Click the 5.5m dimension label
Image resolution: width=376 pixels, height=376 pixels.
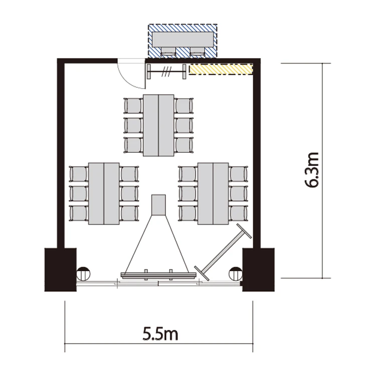point(160,334)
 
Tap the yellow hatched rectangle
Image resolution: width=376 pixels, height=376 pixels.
point(221,69)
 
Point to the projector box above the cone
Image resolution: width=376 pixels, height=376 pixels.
point(158,205)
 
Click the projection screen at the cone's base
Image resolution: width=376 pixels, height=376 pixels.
point(158,275)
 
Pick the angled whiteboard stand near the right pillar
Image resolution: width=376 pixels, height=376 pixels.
point(223,252)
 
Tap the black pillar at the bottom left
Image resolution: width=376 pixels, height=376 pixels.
point(61,270)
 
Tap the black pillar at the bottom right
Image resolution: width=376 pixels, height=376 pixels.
point(258,270)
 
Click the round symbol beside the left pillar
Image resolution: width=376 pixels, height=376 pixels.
point(83,274)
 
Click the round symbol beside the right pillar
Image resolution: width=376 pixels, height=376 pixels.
point(236,274)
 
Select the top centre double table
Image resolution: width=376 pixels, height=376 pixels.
point(158,125)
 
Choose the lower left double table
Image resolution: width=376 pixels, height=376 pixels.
point(104,194)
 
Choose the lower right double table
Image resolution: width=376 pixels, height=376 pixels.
point(213,194)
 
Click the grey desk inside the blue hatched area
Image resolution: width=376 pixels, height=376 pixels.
point(182,40)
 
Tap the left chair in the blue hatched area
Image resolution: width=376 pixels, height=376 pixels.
point(168,52)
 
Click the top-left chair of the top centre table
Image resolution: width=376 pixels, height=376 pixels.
point(133,106)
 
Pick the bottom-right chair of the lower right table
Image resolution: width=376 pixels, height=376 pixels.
point(238,213)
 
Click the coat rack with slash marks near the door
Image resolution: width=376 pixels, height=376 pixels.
point(166,72)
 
